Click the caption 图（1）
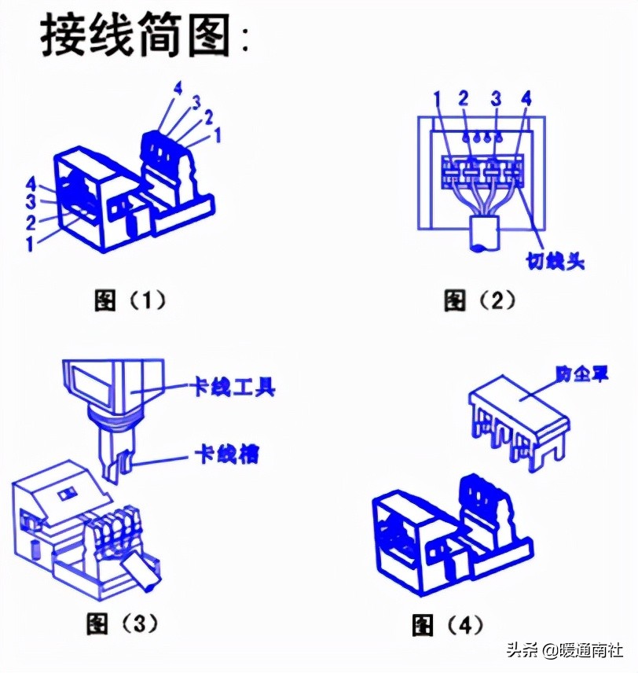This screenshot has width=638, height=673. [130, 300]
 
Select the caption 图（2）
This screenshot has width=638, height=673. [478, 300]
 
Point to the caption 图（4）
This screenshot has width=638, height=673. [448, 625]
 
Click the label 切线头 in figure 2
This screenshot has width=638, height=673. [555, 260]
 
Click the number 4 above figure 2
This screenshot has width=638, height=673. [526, 99]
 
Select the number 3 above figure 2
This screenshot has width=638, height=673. [496, 99]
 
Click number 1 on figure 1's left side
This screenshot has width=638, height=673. [29, 244]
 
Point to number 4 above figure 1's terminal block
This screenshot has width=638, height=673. [178, 87]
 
